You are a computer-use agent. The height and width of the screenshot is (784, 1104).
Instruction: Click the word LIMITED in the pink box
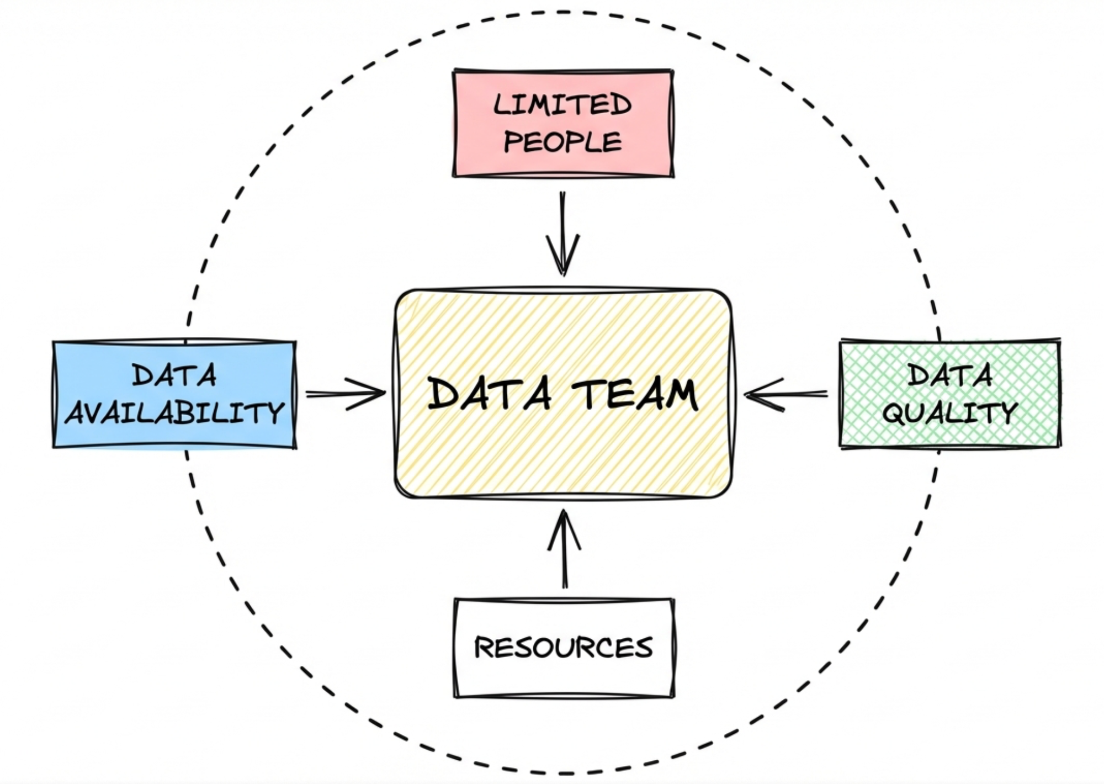tap(562, 104)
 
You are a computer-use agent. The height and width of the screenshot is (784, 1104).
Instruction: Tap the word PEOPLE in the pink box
tap(562, 141)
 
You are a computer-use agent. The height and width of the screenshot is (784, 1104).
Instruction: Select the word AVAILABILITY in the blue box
tap(174, 412)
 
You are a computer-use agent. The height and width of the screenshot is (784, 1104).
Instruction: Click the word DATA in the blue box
tap(174, 376)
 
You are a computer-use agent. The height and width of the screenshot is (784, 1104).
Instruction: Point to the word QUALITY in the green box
tap(949, 412)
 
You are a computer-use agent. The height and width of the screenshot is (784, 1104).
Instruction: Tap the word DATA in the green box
tap(950, 375)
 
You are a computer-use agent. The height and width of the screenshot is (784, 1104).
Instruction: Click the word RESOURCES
tap(564, 647)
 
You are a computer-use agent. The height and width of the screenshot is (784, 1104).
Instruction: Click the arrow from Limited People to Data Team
tap(562, 232)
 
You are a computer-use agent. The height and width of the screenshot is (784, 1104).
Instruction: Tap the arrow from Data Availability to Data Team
tap(345, 394)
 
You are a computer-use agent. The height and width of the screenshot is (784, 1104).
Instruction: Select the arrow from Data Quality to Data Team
tap(787, 394)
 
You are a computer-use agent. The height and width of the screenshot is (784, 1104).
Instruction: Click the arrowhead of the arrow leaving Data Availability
tap(375, 394)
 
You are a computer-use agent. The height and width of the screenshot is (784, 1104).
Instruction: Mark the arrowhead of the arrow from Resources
tap(564, 522)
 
